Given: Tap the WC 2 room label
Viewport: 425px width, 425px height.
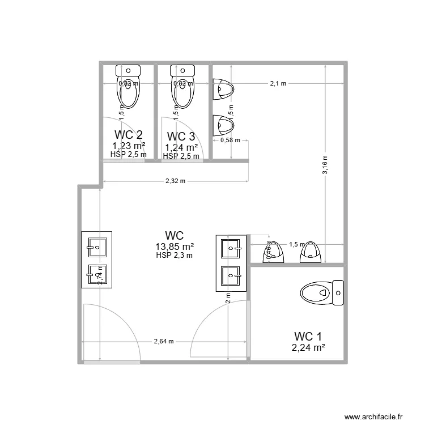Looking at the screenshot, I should pos(128,135).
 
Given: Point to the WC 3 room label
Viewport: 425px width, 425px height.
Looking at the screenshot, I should pos(181,137).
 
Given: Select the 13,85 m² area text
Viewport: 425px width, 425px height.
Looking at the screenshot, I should pos(175,246).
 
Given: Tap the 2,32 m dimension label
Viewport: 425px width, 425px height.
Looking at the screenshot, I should pos(176,181).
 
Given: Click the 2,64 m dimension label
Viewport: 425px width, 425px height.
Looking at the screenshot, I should pos(164,342).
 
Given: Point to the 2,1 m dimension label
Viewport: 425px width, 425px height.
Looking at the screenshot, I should pos(278,83).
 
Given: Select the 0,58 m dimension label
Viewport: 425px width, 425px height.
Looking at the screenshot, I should pos(230,140).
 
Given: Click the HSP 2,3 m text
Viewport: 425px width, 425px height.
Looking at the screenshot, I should pos(175,256).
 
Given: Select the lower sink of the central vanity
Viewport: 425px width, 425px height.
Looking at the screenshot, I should pos(231,277).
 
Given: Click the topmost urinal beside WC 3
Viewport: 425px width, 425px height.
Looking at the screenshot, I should pos(223,88).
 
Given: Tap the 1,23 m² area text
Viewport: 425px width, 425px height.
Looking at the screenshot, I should pos(128,146).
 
